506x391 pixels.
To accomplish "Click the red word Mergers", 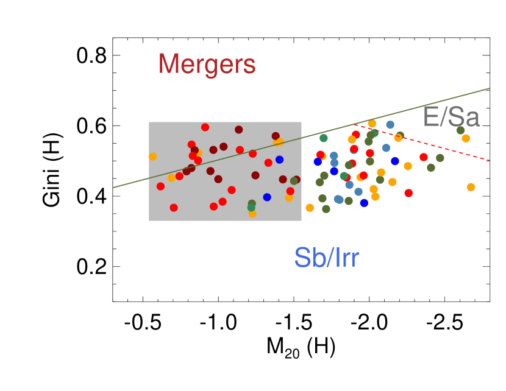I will pos(207,64).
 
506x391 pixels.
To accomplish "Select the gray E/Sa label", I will pos(451,117).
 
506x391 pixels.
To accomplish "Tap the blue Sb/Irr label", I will pos(326,258).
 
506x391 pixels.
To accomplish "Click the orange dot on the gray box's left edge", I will pos(152,157).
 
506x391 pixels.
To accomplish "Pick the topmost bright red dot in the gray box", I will pos(205,127).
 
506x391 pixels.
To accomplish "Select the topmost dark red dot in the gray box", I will pos(238,130).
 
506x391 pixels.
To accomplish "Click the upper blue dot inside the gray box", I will pos(279,160).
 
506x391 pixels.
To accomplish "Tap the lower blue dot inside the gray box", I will pos(267,197).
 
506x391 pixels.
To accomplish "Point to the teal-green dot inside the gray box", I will pos(251,208).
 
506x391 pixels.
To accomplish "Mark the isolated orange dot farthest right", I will pos(471,187).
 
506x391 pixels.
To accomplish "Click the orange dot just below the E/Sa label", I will pos(466,138).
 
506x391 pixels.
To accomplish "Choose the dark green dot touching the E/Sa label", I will pos(460,130).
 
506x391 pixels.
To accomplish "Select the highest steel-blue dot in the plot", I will pos(390,125).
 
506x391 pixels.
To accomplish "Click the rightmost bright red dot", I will pos(424,157).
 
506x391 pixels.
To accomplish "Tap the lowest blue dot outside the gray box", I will pos(364,203).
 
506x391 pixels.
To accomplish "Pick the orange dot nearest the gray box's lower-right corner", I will pos(310,208).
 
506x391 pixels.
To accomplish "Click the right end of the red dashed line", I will pos(490,160).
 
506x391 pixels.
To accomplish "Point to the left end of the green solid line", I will pos(113,188).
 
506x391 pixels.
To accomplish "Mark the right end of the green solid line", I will pos(490,88).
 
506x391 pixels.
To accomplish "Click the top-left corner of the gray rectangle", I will pos(149,122).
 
